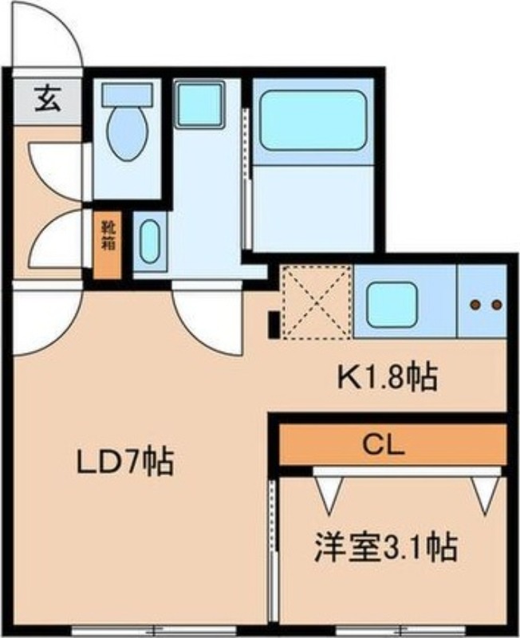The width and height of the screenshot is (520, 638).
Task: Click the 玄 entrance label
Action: tap(48, 99)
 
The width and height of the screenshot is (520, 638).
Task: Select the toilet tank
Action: tap(127, 95)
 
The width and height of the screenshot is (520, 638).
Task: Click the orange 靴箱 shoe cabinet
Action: tap(108, 245)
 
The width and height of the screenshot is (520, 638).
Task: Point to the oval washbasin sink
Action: tap(149, 242)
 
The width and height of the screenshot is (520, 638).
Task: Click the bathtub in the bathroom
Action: tap(313, 120)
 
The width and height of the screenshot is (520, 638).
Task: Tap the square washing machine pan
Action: tap(199, 105)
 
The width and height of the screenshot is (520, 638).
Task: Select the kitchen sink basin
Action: tap(392, 302)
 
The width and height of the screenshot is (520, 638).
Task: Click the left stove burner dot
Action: tap(475, 305)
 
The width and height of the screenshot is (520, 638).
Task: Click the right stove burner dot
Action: tap(496, 305)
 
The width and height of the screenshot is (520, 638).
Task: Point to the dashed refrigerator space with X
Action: tap(317, 302)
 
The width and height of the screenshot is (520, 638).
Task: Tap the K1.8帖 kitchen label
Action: tap(388, 376)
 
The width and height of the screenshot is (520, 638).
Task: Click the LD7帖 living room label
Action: tap(125, 462)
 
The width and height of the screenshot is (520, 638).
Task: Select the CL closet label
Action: tap(384, 445)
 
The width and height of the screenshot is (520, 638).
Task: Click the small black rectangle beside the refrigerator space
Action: tap(274, 325)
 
